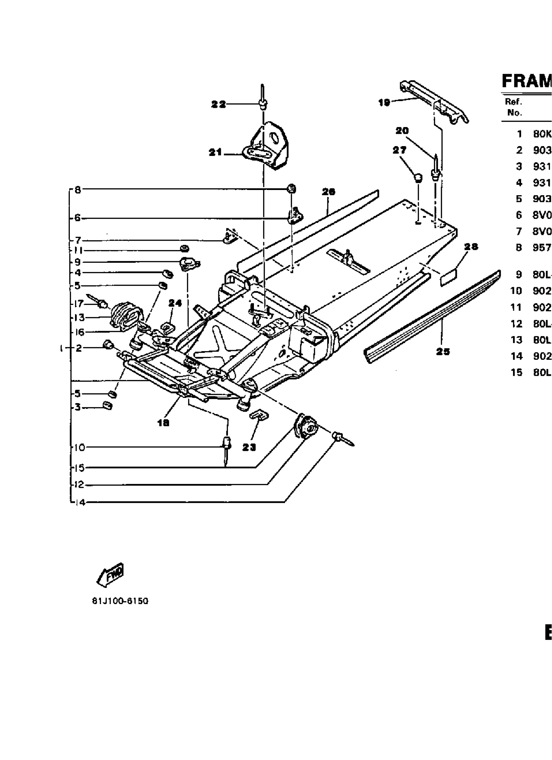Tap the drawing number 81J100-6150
point(120,601)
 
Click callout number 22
point(219,105)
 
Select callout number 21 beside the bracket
point(215,152)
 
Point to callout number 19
point(384,103)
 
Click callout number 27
point(399,150)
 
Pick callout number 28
point(471,247)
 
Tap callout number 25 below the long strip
point(443,351)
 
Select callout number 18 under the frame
point(163,423)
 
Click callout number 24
point(175,303)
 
